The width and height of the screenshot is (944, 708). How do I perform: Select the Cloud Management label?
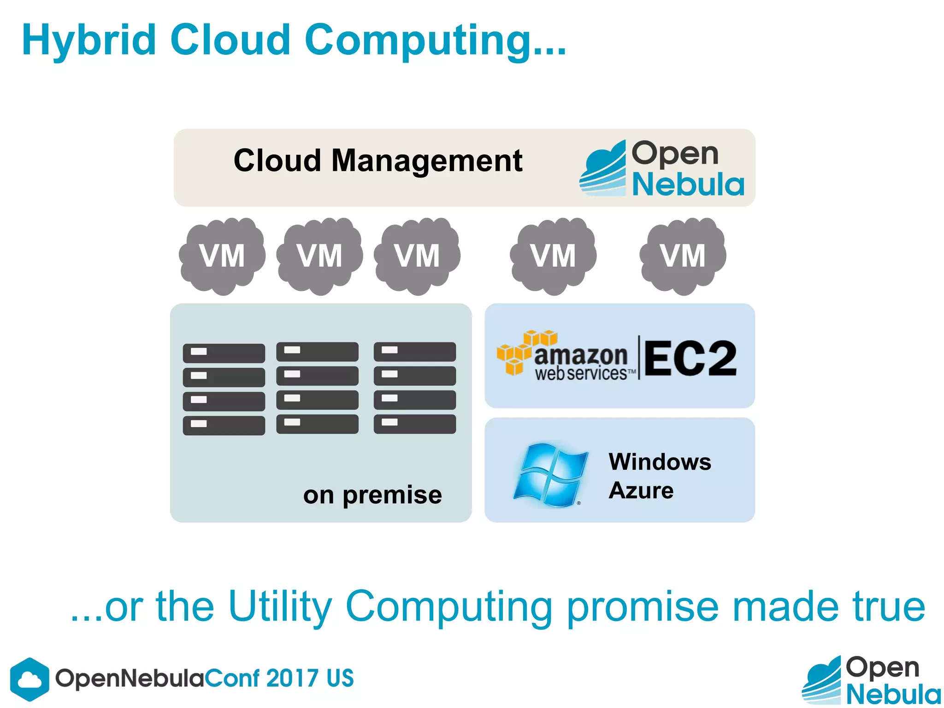tap(378, 161)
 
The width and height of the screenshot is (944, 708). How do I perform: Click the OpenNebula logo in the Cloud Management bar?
tap(662, 169)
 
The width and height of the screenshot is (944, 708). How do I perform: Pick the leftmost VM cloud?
tap(222, 256)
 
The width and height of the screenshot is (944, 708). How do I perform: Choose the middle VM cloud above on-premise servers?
tap(319, 256)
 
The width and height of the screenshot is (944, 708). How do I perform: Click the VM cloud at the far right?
tap(682, 256)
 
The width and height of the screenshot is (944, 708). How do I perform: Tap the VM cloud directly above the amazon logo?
tap(553, 256)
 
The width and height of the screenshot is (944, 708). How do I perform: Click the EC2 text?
tap(690, 358)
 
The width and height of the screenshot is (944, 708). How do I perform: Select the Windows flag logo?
tap(550, 475)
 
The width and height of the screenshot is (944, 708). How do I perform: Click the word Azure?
tap(641, 490)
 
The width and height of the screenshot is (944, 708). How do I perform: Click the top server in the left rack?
tap(224, 353)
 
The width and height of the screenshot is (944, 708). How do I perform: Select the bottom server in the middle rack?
tap(317, 424)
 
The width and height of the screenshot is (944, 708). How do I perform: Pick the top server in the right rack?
tap(415, 351)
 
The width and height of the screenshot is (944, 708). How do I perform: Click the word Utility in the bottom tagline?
tap(280, 607)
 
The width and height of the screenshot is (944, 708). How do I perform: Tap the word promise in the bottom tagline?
tap(643, 608)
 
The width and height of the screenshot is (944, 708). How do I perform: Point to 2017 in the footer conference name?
tap(292, 678)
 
